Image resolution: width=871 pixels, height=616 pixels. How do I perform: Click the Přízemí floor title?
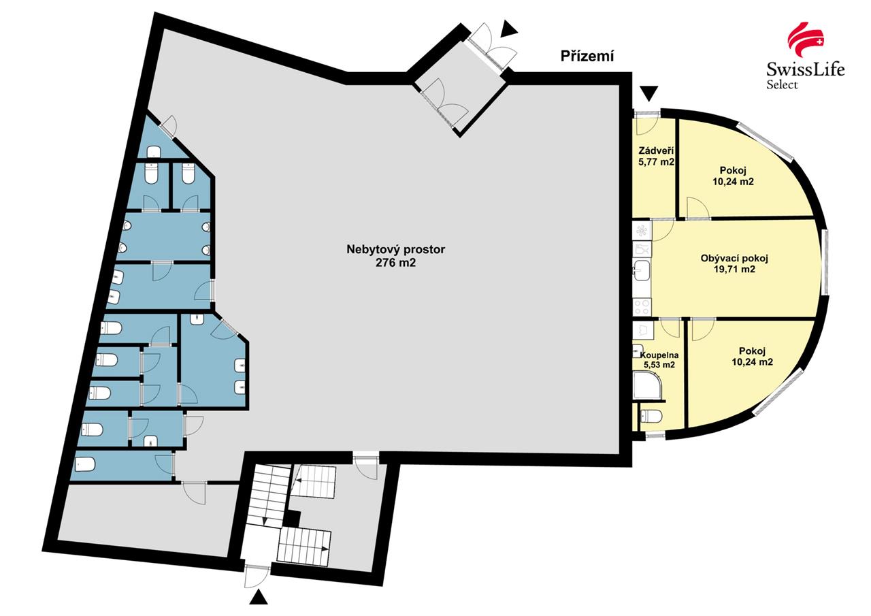[587, 56]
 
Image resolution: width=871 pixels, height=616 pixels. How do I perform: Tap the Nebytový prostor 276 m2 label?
[395, 256]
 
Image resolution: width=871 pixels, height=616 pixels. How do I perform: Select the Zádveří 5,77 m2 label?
[656, 157]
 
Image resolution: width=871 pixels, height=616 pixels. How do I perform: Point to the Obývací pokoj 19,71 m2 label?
[734, 263]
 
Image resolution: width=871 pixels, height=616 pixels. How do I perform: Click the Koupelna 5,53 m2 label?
[659, 359]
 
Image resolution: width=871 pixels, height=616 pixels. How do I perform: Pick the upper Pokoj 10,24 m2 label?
[733, 176]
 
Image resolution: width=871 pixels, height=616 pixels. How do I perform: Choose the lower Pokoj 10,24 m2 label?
[752, 356]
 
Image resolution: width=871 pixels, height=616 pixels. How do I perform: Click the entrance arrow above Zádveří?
[649, 93]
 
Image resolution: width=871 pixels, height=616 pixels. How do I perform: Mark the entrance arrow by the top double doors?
[509, 29]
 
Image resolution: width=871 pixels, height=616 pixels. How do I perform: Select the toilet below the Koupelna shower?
[651, 417]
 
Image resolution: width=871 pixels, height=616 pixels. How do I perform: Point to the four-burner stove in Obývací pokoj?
[642, 307]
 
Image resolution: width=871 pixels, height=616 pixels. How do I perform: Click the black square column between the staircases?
[292, 519]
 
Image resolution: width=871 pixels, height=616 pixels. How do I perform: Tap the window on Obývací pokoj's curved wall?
[824, 262]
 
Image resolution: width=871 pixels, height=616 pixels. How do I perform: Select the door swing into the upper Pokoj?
[697, 208]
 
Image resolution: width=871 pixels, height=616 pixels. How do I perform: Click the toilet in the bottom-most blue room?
[85, 464]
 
